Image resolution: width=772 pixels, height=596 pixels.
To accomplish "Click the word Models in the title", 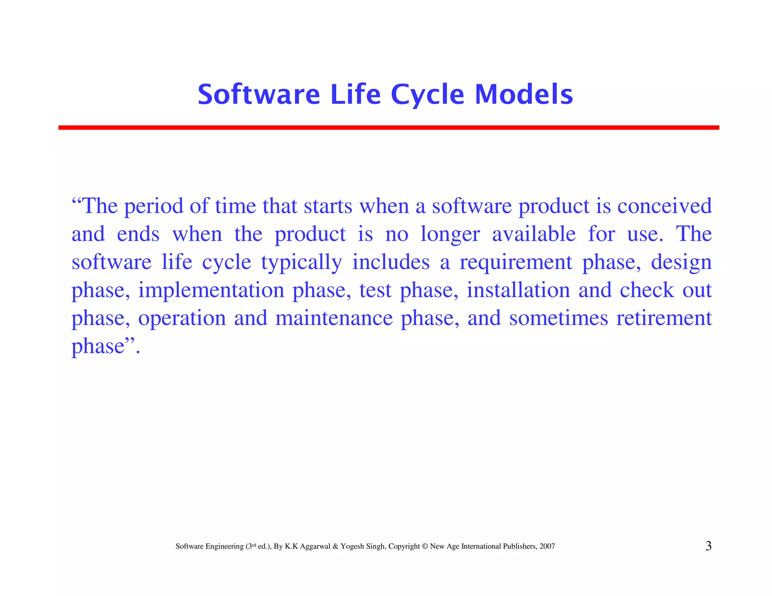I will coord(524,94).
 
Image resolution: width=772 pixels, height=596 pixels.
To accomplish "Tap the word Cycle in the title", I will coord(427,95).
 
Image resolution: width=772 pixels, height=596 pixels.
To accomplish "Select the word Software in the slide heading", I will coord(259,94).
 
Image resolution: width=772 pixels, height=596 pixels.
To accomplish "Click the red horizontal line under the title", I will coord(388,128).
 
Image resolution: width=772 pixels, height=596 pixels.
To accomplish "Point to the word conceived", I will coord(664,206).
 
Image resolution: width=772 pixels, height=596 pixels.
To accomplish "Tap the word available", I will coord(534,234).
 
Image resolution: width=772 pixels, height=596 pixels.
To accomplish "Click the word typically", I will coord(302,263).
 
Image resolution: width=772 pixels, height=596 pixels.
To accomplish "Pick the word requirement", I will coord(516,263).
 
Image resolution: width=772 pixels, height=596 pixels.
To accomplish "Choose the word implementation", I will coord(211,290).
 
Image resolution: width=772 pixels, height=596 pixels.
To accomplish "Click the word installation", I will coord(518,290).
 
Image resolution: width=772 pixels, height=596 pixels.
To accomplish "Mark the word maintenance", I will coord(334,318).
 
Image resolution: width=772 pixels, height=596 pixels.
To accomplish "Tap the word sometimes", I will coord(558,318).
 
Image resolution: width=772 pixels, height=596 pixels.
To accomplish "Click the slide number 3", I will coord(708,546).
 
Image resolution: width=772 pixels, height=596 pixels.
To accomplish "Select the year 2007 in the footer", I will coord(547,546).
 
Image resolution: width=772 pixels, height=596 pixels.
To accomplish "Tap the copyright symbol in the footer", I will coord(425,546).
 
